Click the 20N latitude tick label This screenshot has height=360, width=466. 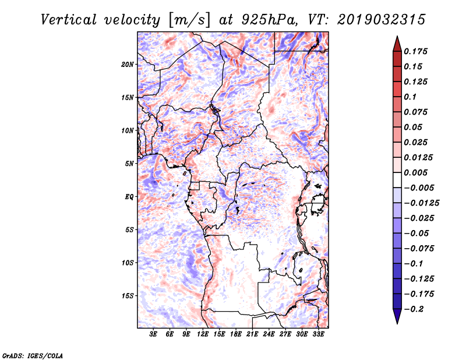coord(128,64)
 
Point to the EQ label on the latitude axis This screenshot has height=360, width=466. coord(129,197)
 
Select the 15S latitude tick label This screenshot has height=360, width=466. coord(128,296)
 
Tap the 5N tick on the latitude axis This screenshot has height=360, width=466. coord(129,164)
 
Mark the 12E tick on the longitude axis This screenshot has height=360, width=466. coord(203,334)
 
